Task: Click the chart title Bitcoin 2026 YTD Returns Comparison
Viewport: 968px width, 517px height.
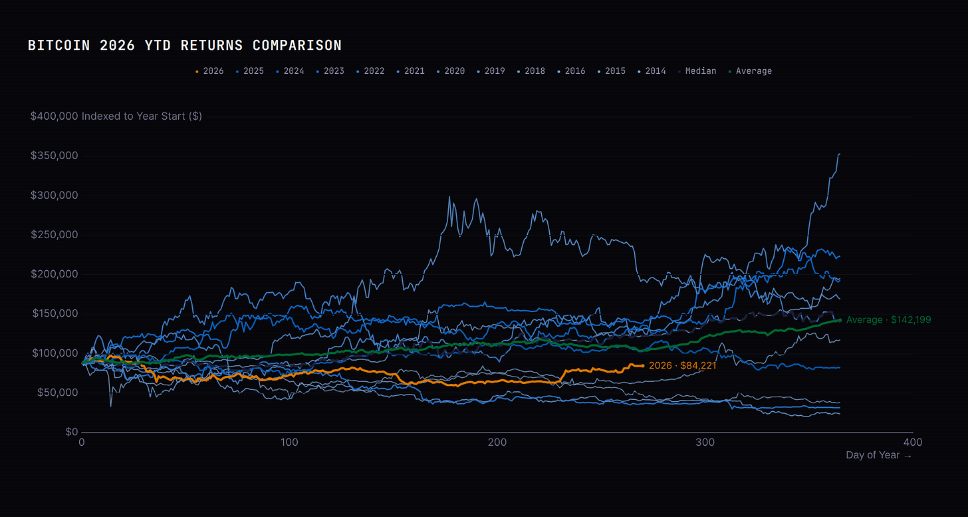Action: [x=185, y=45]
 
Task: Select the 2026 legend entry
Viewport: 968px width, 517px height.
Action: [x=209, y=71]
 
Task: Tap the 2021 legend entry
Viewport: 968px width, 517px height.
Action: [x=411, y=71]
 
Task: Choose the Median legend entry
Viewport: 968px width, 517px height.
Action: [x=697, y=71]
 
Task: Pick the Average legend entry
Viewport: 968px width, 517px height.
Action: [x=750, y=71]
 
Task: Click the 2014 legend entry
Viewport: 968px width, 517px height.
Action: [x=652, y=71]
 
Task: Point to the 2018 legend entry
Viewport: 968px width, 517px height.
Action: [x=531, y=71]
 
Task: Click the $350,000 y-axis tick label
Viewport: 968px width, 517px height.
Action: [x=54, y=156]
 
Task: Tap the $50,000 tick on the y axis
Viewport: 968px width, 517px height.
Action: [x=57, y=393]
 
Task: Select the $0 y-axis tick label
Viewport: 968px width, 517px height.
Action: [x=72, y=432]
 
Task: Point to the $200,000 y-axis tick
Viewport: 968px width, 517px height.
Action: [x=54, y=274]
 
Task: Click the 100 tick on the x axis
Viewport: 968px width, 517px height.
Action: [x=289, y=442]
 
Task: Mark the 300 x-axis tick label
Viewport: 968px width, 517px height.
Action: [x=705, y=442]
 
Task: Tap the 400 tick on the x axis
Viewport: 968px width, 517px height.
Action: [x=913, y=442]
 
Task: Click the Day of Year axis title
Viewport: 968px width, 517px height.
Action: [x=878, y=455]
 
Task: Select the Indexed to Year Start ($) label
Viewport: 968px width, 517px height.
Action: [x=142, y=116]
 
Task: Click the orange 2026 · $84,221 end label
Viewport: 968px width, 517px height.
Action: [x=682, y=365]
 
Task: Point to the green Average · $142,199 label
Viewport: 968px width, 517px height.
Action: [x=888, y=320]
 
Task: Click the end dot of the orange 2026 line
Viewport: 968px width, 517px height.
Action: [x=643, y=366]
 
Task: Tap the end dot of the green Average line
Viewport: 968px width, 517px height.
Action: [x=840, y=320]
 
